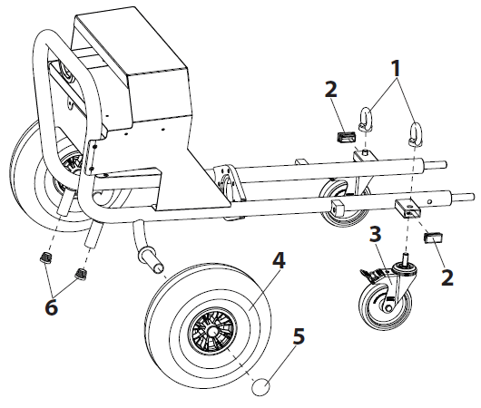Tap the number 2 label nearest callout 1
click(331, 89)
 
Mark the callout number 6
click(52, 306)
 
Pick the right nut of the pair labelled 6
click(81, 274)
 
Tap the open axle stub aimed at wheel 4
click(151, 262)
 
